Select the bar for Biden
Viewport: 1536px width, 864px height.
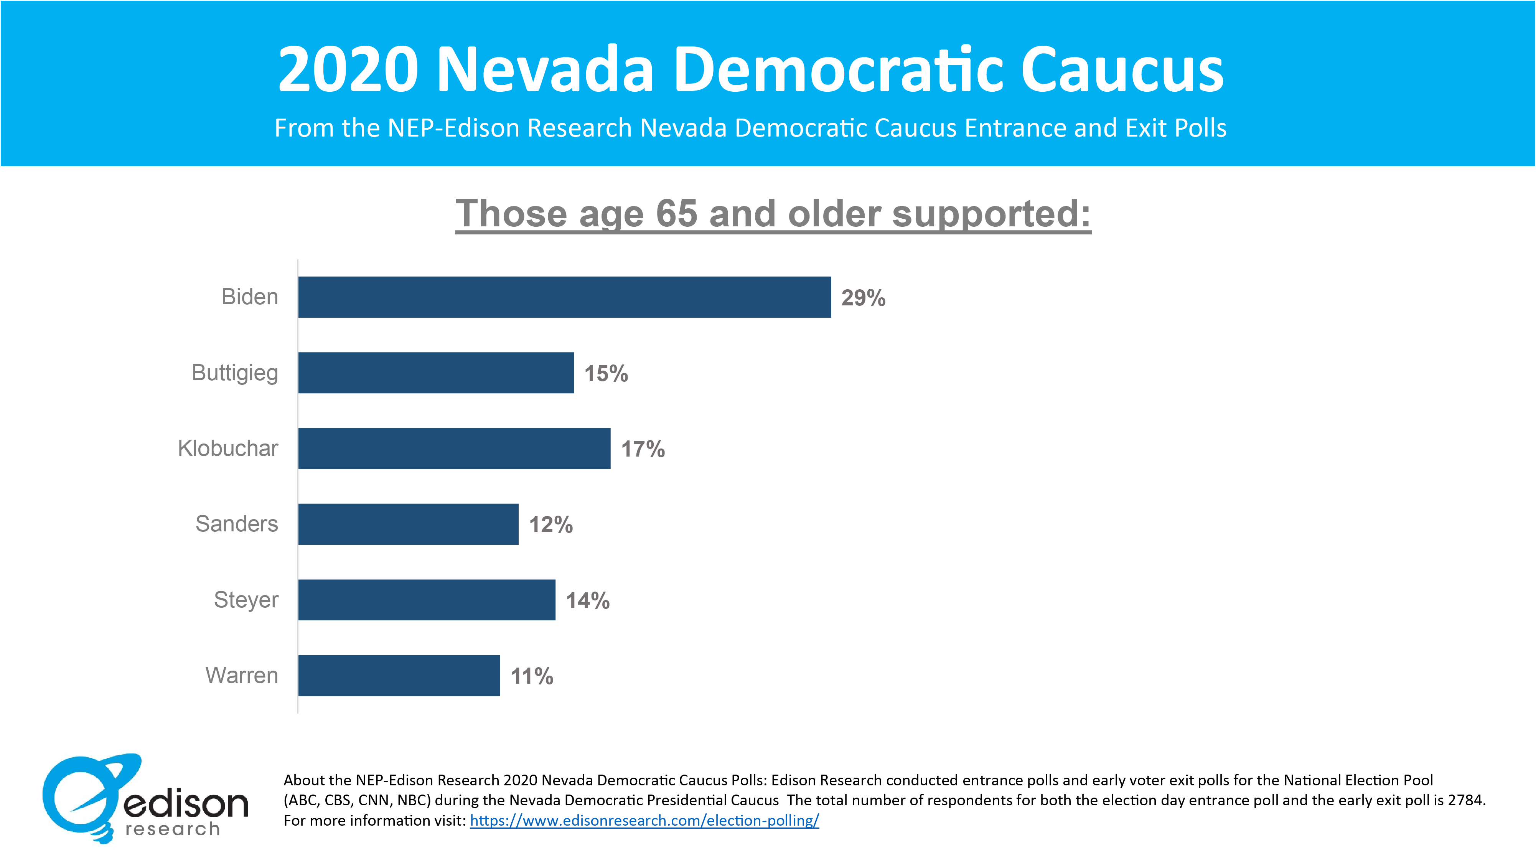[564, 297]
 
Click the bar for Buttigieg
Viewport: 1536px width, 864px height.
[436, 373]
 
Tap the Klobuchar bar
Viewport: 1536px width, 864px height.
[454, 448]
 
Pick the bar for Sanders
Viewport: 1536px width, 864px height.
[409, 524]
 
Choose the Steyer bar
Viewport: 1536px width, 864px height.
[427, 600]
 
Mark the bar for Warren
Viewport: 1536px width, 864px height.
[399, 676]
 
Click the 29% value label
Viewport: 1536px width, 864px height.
[863, 298]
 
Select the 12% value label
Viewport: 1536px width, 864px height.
[551, 525]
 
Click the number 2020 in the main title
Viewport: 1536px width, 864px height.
[348, 70]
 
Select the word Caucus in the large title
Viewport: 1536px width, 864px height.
[1122, 70]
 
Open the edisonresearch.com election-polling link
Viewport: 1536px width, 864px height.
[644, 821]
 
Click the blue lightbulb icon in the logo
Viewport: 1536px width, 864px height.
[84, 796]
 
